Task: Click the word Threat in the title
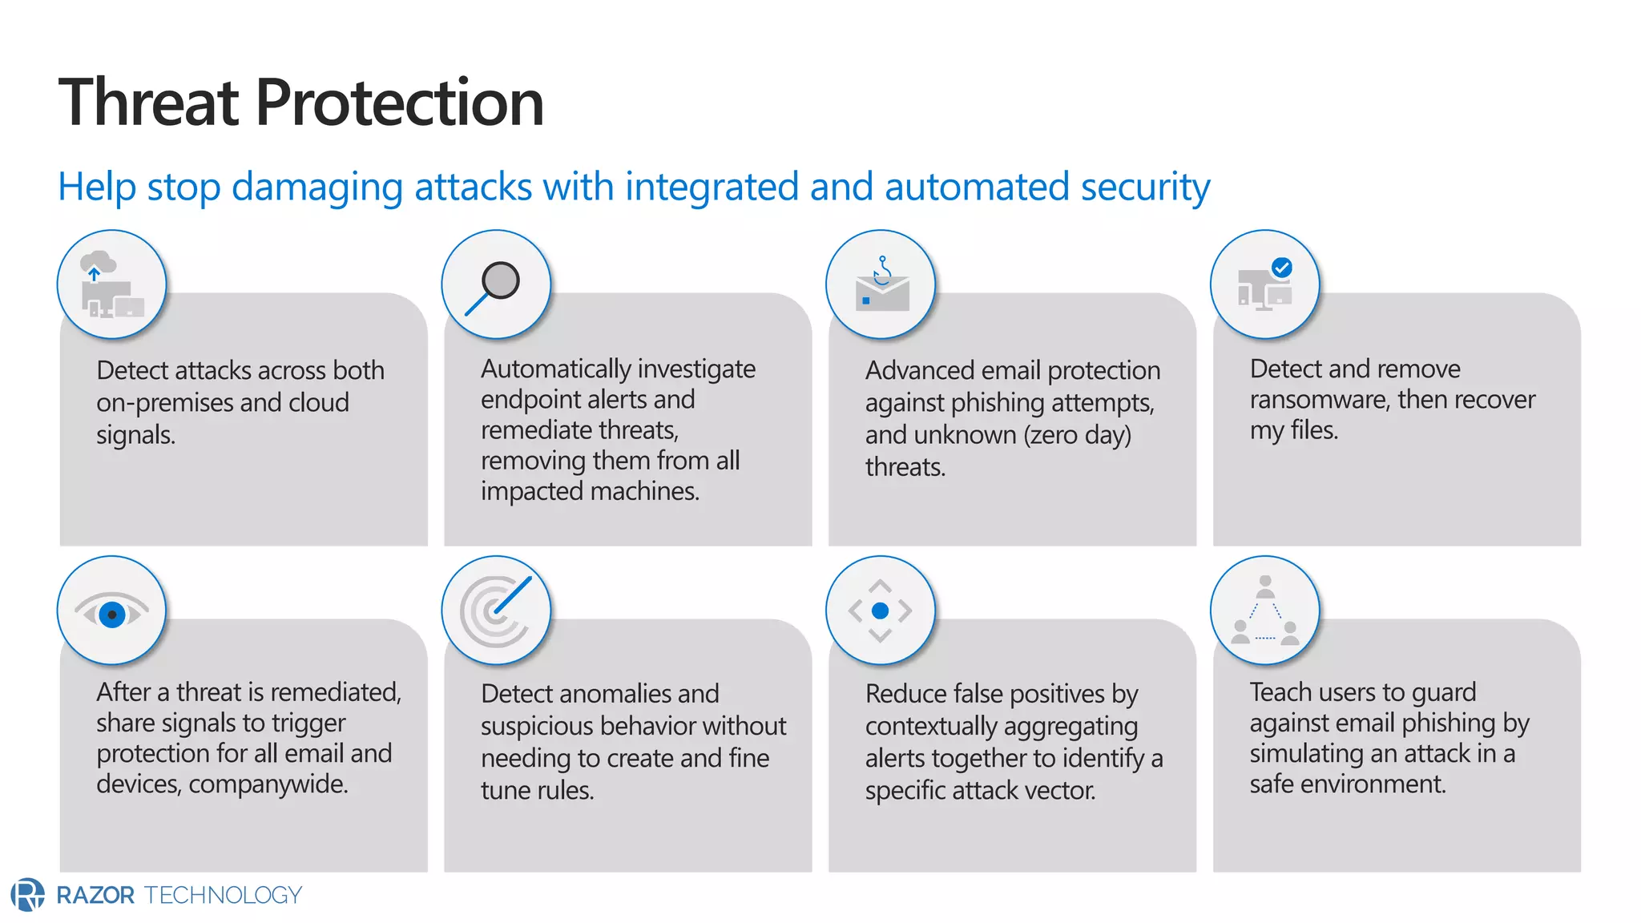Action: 149,103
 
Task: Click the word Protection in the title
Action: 399,103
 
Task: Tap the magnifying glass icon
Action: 496,285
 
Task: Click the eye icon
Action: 112,613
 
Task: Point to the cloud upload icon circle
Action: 111,285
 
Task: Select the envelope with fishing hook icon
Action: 881,287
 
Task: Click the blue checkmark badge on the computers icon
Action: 1282,268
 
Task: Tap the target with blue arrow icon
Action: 496,611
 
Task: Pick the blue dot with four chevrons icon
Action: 880,611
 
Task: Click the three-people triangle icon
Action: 1264,611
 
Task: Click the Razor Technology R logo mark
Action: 28,894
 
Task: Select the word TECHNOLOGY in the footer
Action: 223,895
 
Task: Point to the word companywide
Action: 268,784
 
